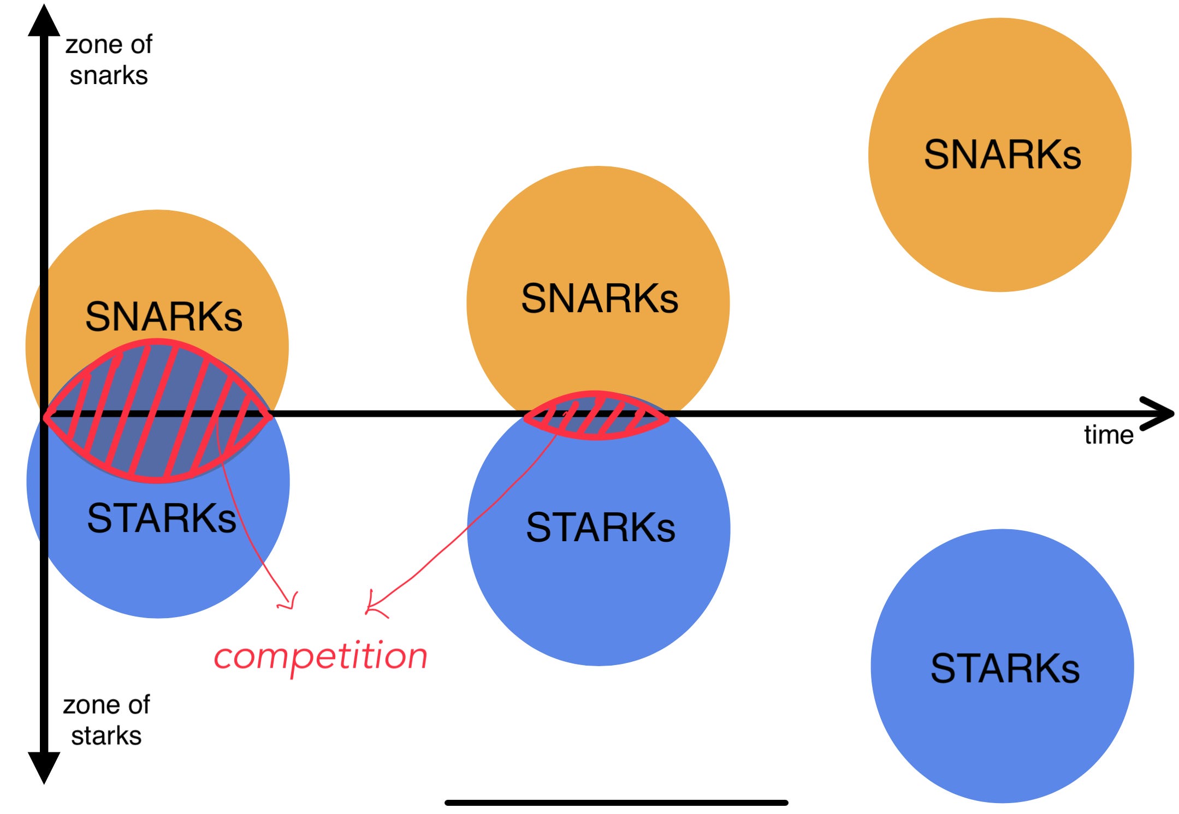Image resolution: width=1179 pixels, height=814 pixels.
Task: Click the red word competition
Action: click(x=321, y=657)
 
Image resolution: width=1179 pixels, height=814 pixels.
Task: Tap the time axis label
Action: click(x=1109, y=435)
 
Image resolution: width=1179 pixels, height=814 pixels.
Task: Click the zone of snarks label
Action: click(x=109, y=59)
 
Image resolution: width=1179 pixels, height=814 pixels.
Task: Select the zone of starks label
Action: click(x=106, y=720)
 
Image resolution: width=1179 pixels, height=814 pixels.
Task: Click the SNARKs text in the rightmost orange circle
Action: click(x=1002, y=155)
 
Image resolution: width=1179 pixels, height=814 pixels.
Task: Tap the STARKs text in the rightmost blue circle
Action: click(x=1005, y=668)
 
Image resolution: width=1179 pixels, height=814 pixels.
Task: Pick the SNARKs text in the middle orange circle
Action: click(x=600, y=298)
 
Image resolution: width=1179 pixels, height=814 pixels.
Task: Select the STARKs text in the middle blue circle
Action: click(x=601, y=527)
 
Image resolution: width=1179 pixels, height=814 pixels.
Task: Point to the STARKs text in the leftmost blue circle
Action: click(x=162, y=518)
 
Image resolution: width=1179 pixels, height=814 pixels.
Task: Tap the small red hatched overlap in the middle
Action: click(x=596, y=416)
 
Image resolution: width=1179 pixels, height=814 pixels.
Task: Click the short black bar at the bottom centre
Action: click(x=616, y=803)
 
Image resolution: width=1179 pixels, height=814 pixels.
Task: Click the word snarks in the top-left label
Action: click(x=109, y=75)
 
